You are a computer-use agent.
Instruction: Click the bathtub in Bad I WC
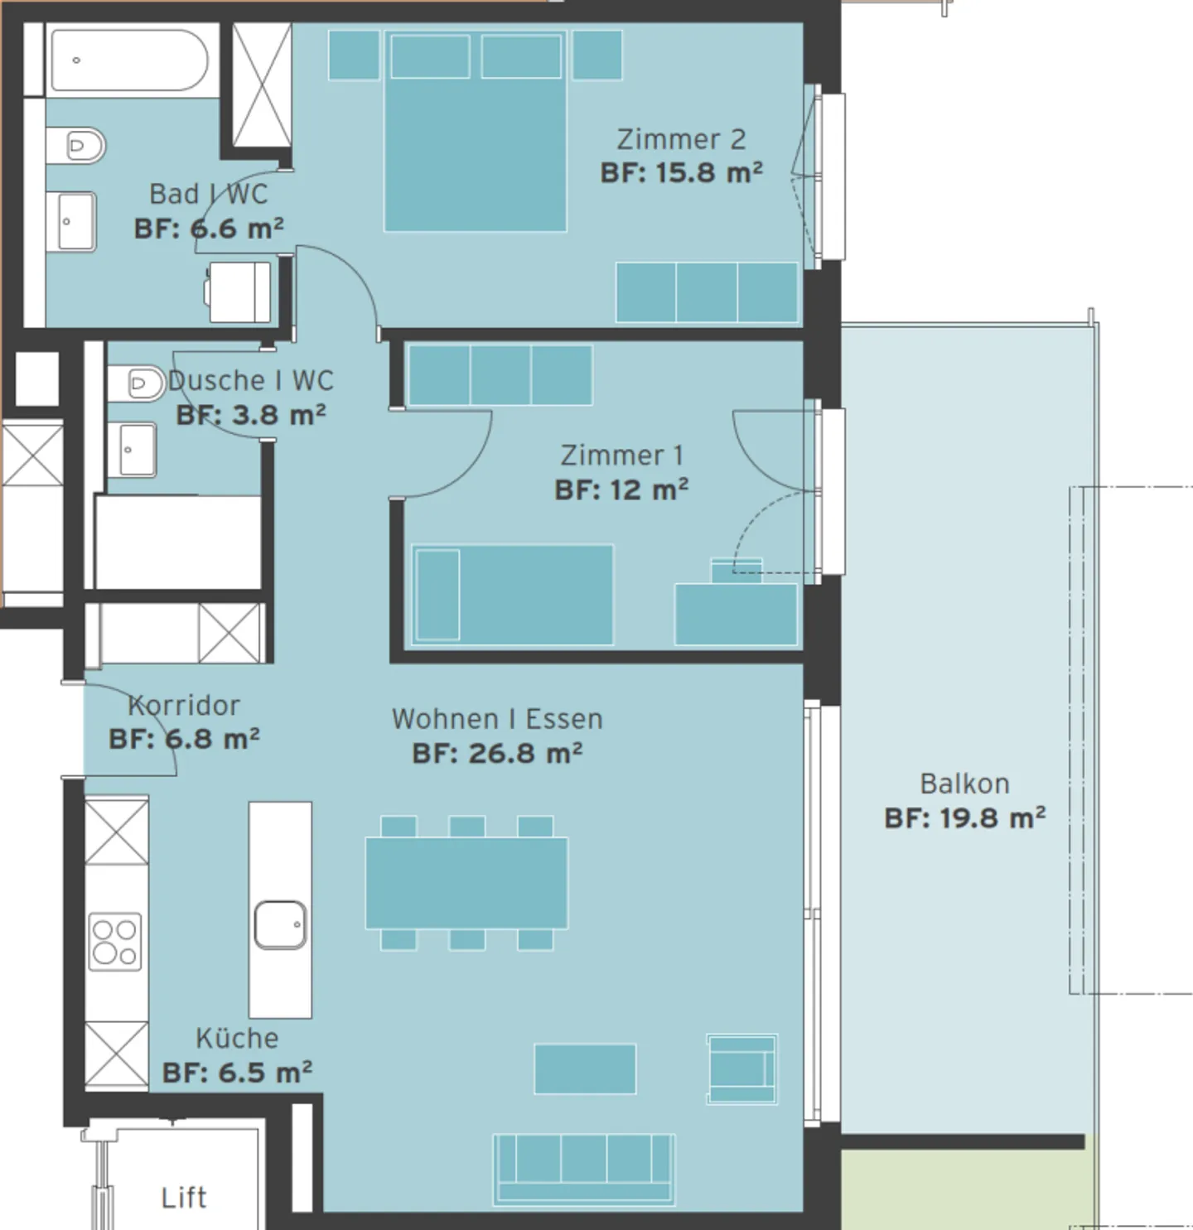[x=130, y=60]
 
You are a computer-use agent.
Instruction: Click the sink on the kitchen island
[x=280, y=924]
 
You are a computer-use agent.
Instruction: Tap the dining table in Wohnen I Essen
[x=466, y=883]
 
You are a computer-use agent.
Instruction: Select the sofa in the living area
[x=584, y=1168]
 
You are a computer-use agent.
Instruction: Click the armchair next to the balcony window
[x=741, y=1068]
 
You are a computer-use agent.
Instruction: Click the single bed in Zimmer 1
[x=513, y=594]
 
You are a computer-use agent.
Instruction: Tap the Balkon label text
[x=964, y=784]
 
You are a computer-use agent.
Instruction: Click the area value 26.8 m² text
[x=497, y=754]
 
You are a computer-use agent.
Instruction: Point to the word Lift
[x=184, y=1198]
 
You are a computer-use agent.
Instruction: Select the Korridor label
[x=184, y=706]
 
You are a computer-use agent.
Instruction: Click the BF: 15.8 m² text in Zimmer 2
[x=681, y=173]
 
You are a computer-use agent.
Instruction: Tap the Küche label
[x=237, y=1039]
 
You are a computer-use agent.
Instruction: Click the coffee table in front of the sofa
[x=585, y=1068]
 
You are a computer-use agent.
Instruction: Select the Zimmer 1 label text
[x=621, y=456]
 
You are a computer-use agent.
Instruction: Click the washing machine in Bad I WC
[x=239, y=292]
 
